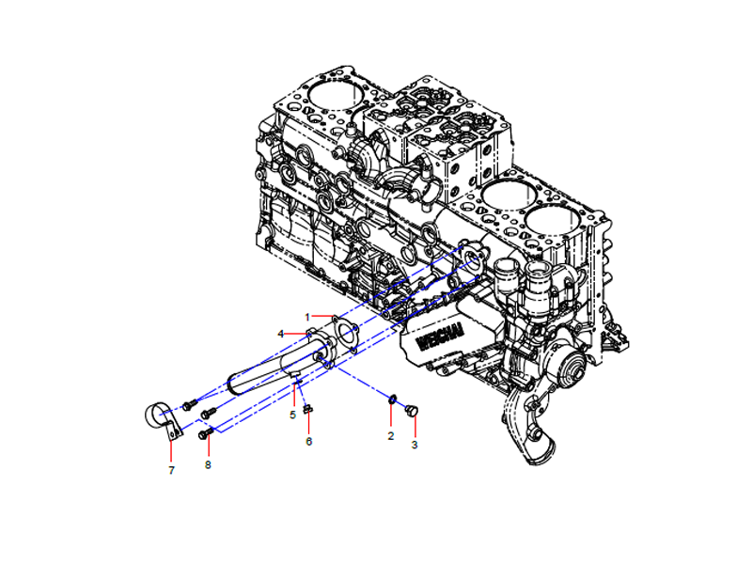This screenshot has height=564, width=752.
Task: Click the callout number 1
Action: click(307, 318)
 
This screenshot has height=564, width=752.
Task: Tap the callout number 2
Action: click(391, 436)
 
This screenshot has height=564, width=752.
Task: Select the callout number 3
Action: click(415, 445)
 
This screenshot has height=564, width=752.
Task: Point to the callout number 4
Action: click(280, 335)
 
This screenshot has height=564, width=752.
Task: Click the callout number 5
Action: click(293, 415)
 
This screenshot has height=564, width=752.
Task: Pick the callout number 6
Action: click(309, 441)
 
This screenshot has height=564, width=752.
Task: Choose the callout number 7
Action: click(171, 471)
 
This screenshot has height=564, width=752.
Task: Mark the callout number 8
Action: click(208, 464)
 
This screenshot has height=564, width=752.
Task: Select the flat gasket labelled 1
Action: click(345, 335)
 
